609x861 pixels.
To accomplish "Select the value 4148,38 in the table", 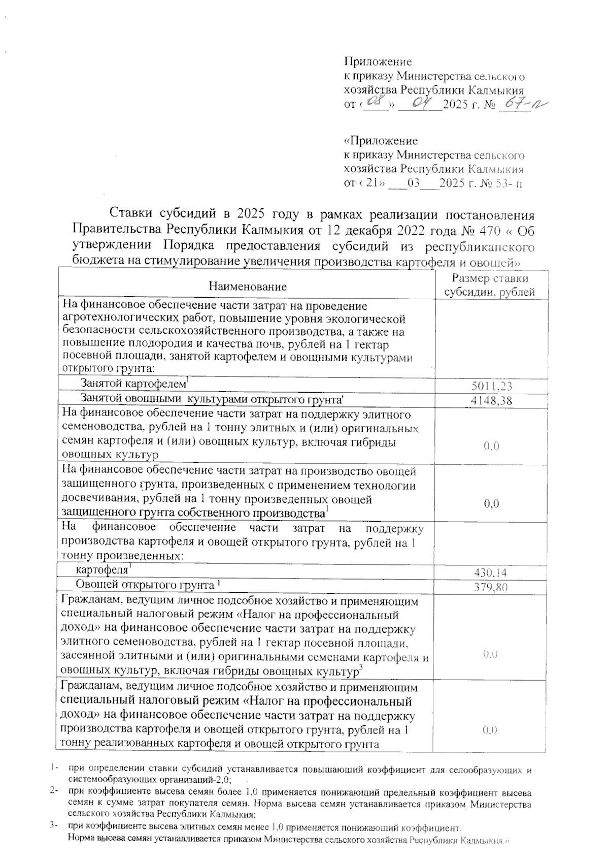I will click(x=491, y=401).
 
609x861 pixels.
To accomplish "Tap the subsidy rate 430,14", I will click(x=490, y=573).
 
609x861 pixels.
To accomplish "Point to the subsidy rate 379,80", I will click(x=490, y=588).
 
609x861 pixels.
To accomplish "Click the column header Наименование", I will click(x=248, y=286).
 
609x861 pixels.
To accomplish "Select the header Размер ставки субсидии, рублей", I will click(x=490, y=285).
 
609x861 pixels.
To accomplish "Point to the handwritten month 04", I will click(x=421, y=104).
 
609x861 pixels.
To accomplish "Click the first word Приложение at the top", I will click(x=378, y=62).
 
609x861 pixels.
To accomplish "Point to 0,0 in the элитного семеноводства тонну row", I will click(x=490, y=447).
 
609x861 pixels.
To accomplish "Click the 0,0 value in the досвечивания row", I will click(x=490, y=503).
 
